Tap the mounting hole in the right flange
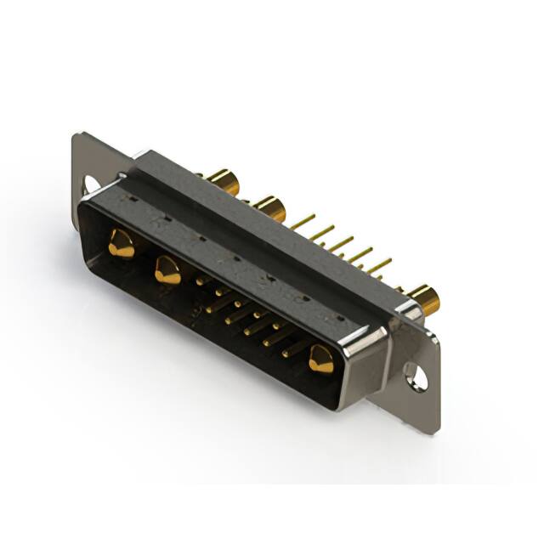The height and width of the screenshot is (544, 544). (x=415, y=374)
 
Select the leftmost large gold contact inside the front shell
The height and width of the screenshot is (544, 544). (x=121, y=245)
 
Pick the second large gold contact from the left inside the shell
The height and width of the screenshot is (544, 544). (x=167, y=271)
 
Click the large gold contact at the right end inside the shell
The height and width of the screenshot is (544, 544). (x=321, y=360)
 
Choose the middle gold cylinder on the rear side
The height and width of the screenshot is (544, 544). (x=269, y=207)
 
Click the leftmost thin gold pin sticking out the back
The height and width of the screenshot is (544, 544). (x=303, y=222)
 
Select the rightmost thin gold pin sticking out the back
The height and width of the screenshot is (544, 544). (x=380, y=263)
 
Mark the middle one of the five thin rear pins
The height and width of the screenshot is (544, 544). (x=341, y=244)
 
